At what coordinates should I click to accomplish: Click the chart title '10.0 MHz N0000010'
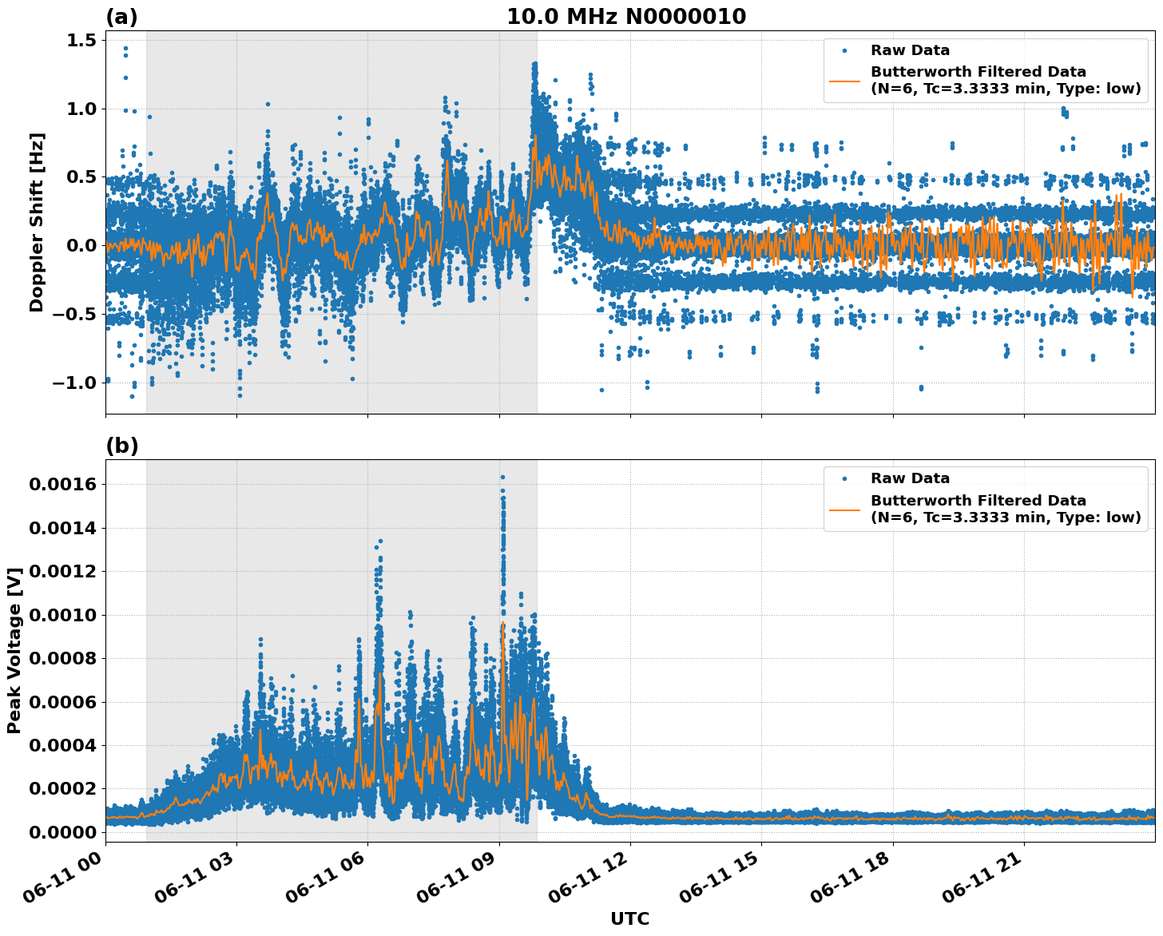click(x=626, y=17)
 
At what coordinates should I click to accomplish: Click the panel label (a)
click(x=121, y=17)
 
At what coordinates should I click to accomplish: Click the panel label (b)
click(x=121, y=446)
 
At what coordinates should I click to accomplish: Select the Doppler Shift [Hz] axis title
click(x=37, y=222)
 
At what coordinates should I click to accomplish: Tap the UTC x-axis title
click(x=629, y=918)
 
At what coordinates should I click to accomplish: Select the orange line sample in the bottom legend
click(x=845, y=509)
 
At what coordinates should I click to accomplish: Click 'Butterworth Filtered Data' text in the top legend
click(x=978, y=72)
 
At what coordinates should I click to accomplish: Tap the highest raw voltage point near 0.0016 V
click(x=502, y=478)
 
